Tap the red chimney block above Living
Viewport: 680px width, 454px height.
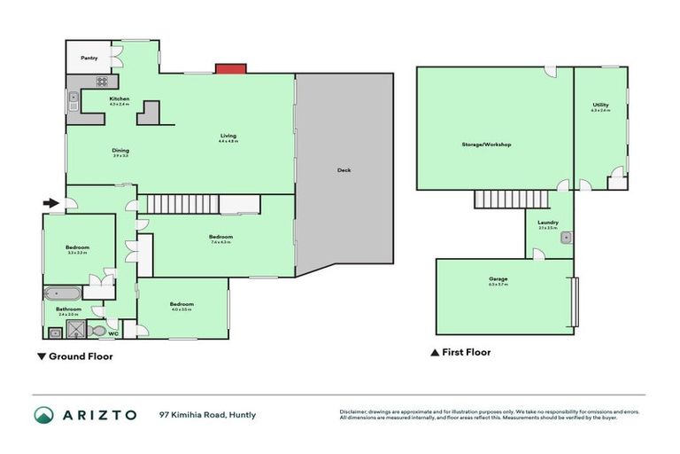(x=231, y=68)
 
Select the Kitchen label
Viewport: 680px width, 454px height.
(x=120, y=98)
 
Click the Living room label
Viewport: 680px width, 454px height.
(x=228, y=136)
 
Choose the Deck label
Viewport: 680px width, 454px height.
(x=344, y=170)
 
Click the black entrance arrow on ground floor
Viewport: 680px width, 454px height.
(x=50, y=203)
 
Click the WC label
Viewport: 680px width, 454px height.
(x=113, y=334)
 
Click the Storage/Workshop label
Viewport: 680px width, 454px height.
(x=486, y=144)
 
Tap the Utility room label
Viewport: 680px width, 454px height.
(x=600, y=106)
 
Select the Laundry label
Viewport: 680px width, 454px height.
(x=548, y=222)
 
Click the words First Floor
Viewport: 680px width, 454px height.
(x=466, y=352)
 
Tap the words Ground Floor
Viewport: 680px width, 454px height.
(x=81, y=356)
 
